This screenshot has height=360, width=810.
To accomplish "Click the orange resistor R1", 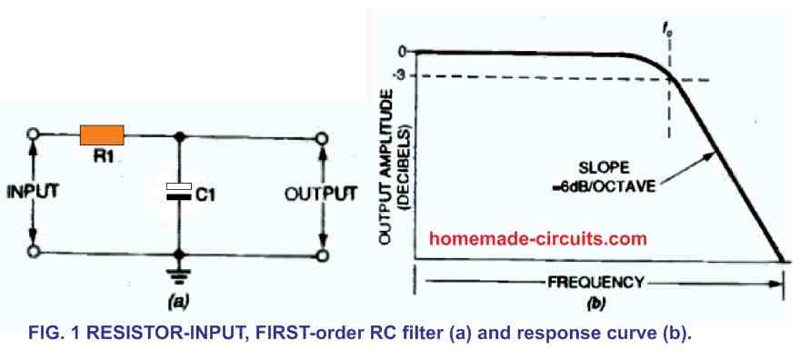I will [103, 135].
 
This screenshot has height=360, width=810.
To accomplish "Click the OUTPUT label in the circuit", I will [322, 193].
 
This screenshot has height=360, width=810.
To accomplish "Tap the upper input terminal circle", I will [34, 136].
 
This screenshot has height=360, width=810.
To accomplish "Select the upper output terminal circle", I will [321, 136].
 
